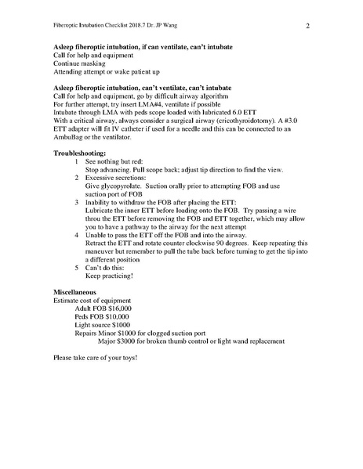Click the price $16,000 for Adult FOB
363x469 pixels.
tap(122, 308)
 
